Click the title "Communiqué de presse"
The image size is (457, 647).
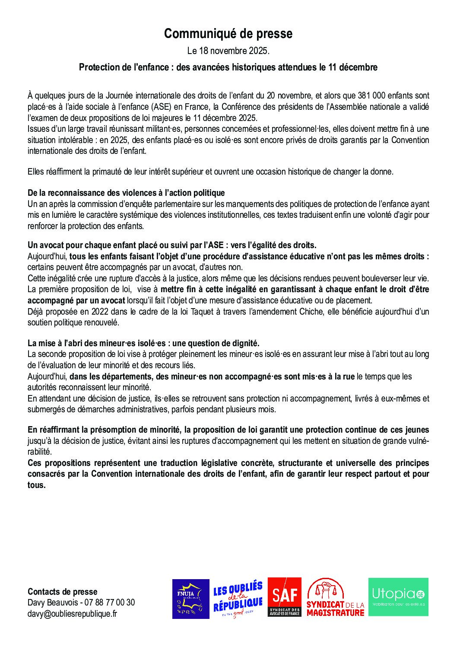tap(228, 34)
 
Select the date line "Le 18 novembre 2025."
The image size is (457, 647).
tap(228, 51)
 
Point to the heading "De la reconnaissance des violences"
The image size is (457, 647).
tap(126, 193)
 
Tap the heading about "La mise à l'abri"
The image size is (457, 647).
tap(143, 344)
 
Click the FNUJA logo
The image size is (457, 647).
tap(190, 599)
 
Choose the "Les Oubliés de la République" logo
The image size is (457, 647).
tap(238, 599)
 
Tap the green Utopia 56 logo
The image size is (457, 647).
tap(398, 597)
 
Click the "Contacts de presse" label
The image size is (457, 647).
tap(63, 592)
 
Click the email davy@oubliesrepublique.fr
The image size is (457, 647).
tap(72, 613)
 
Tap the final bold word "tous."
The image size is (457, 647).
tap(36, 485)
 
